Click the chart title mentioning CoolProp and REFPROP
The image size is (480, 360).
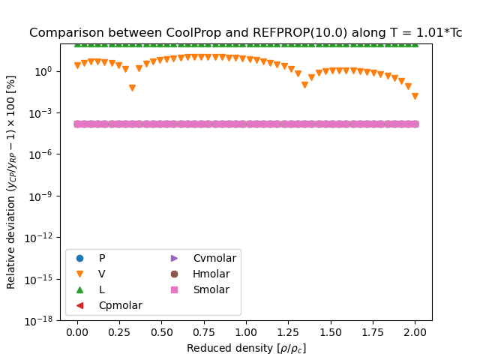pos(245,33)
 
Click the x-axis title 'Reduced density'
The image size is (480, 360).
pos(246,348)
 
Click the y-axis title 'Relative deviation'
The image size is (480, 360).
pos(11,182)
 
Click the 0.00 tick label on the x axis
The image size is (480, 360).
pos(77,331)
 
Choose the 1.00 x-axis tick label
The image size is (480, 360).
pos(246,331)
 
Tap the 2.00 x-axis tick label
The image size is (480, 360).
pos(415,331)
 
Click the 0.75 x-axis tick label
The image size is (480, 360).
pos(204,331)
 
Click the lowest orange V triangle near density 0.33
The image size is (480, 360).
pos(132,88)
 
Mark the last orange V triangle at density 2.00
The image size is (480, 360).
pos(415,97)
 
